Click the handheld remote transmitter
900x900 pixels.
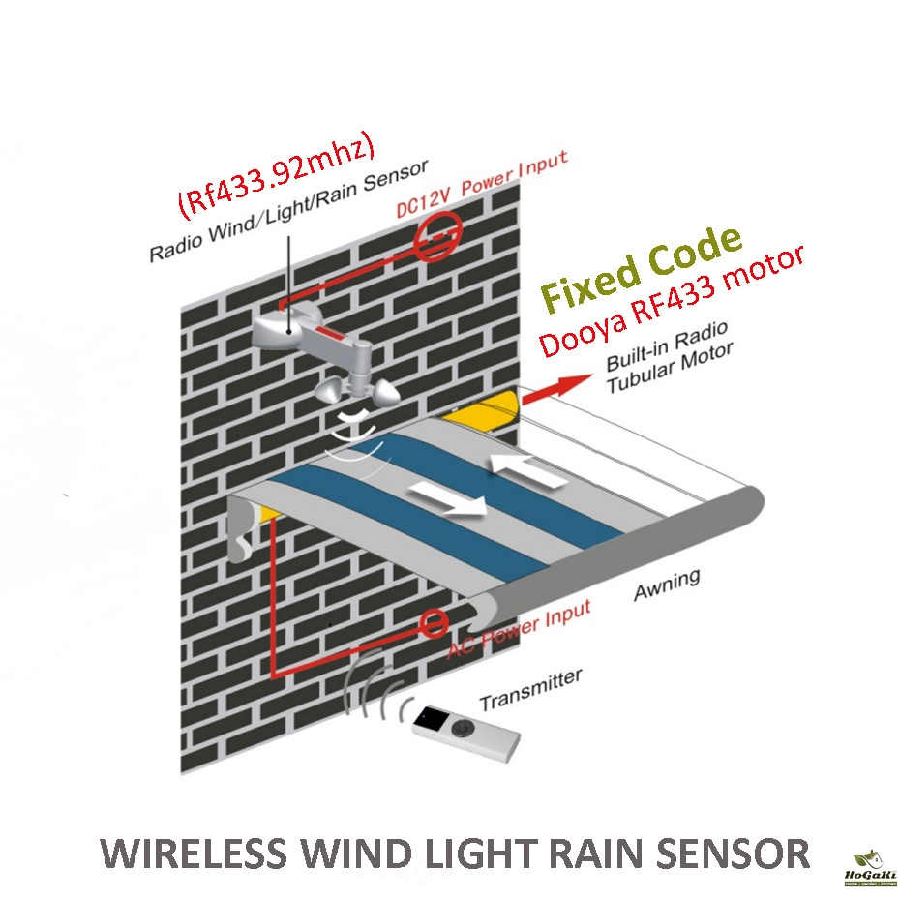(466, 733)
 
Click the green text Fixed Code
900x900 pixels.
(640, 267)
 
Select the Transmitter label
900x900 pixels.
(530, 688)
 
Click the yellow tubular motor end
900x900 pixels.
(484, 410)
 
